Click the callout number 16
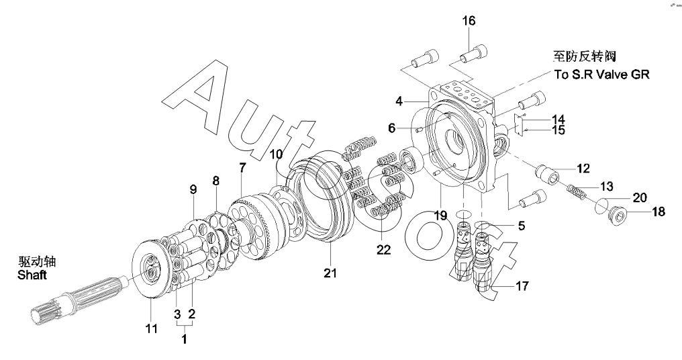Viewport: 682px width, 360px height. [469, 21]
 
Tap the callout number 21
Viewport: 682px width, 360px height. [330, 273]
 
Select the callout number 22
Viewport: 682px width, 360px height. [384, 250]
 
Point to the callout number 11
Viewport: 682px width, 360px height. [151, 328]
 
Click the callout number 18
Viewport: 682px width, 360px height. [659, 212]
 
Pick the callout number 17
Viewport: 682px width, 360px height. [522, 286]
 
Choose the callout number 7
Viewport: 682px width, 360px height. [242, 167]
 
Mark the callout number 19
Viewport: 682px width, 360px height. [440, 215]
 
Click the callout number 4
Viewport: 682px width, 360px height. [399, 102]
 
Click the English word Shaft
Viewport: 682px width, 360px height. [32, 275]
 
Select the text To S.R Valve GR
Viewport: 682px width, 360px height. [601, 75]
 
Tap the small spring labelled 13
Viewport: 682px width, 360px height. [577, 192]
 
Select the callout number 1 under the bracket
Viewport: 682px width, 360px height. [185, 339]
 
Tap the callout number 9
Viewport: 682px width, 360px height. [193, 190]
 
